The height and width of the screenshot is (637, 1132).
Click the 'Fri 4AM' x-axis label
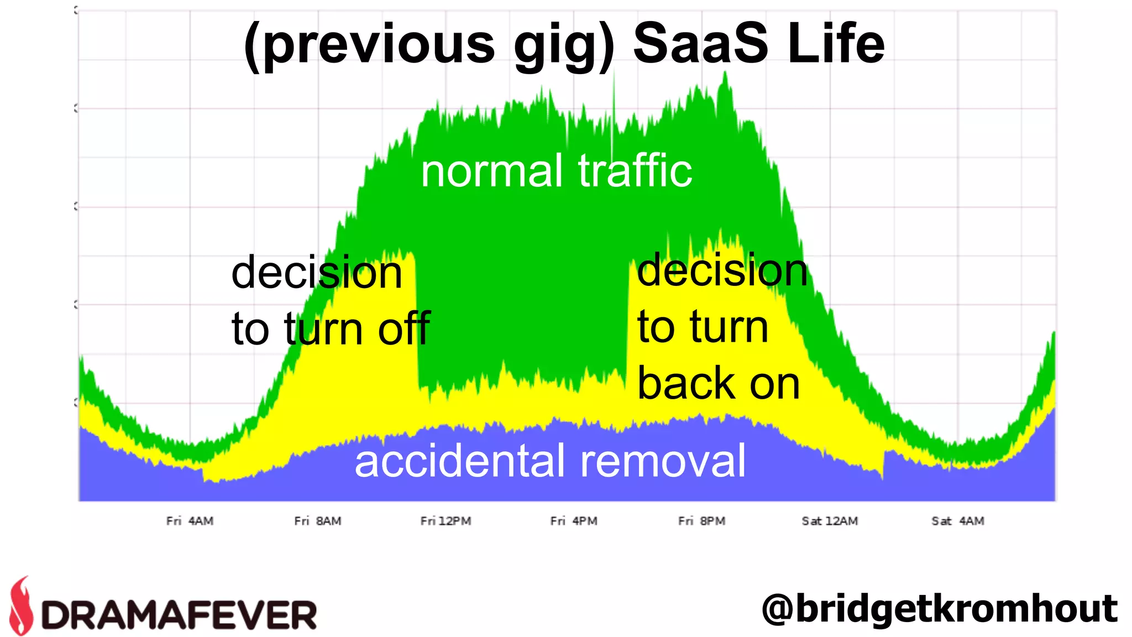coord(190,521)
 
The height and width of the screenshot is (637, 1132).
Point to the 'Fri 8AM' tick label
coord(318,521)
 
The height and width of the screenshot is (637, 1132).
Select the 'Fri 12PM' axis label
coord(446,521)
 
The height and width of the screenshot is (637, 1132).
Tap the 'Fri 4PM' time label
coord(574,521)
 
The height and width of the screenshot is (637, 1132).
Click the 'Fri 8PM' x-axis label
coord(701,521)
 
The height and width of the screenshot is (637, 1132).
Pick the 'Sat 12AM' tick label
coord(830,521)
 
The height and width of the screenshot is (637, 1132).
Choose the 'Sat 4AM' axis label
coord(957,521)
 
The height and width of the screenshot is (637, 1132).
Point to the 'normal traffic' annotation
coord(556,171)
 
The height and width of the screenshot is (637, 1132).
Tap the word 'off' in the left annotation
coord(404,328)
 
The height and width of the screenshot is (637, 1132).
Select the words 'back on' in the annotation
coord(719,383)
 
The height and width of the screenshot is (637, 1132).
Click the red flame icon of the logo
coord(22,606)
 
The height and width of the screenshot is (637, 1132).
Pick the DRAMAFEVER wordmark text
coord(179,615)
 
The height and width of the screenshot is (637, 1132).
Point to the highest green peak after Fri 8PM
coord(725,75)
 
